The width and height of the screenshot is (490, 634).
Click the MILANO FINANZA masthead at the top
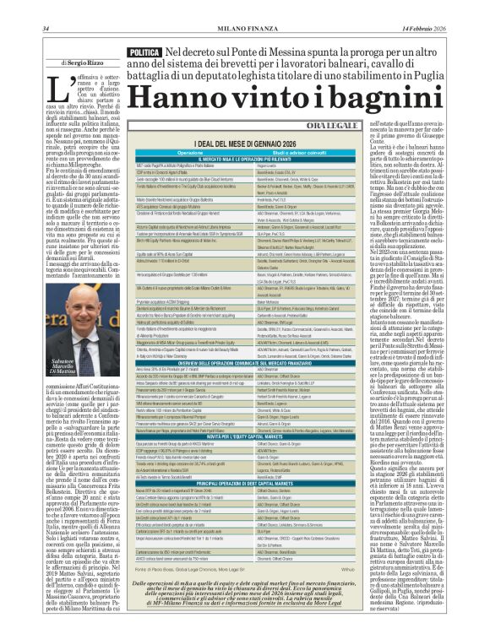(x=244, y=8)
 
